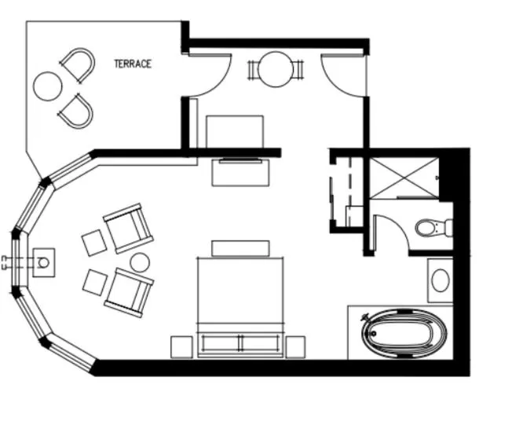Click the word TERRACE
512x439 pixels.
point(133,64)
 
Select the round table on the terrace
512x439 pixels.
point(47,85)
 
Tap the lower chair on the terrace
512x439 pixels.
point(76,111)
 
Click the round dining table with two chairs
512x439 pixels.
point(276,69)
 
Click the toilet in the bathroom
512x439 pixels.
point(430,229)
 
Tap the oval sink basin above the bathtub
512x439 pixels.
point(440,280)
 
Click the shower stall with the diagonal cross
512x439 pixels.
point(403,179)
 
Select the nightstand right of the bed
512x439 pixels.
point(295,346)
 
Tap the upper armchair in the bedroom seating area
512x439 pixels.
point(128,228)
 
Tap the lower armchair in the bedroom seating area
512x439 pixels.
point(129,291)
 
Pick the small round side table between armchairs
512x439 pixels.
point(141,262)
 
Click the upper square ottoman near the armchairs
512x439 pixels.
point(93,242)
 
